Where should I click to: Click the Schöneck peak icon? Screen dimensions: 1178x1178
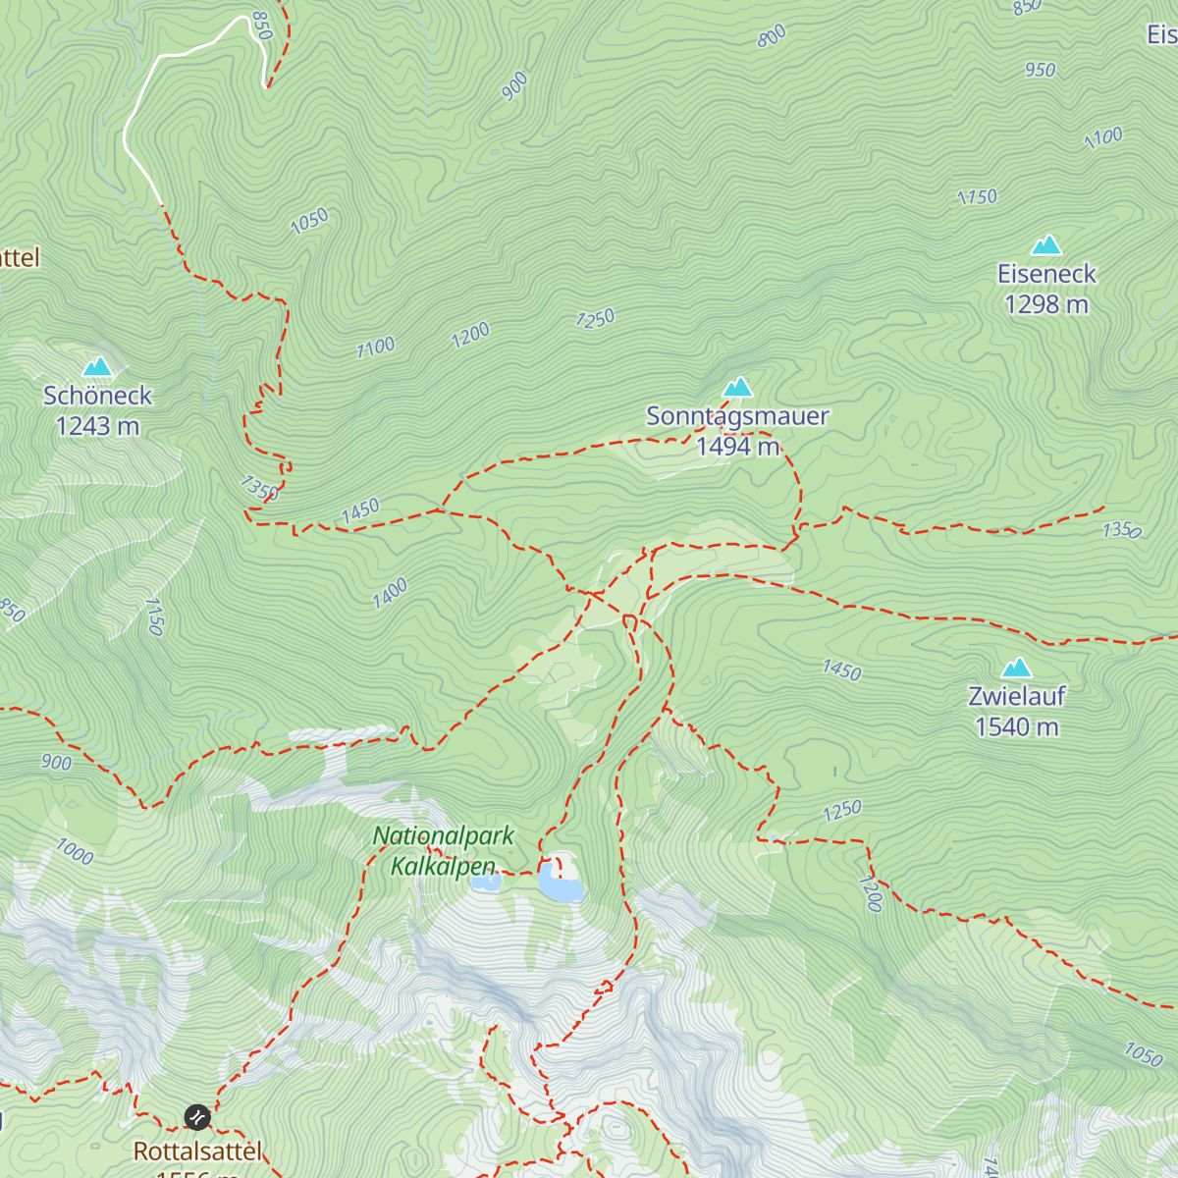coord(97,367)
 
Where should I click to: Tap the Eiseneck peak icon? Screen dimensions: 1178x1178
coord(1046,244)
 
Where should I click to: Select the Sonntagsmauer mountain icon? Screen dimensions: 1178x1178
coord(737,387)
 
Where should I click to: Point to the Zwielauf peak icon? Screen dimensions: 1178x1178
coord(1016,669)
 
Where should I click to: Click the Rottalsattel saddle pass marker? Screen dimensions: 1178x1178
coord(197,1117)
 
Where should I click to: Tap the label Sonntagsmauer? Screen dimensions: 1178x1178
coord(737,416)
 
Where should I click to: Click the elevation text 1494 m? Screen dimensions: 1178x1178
coord(737,448)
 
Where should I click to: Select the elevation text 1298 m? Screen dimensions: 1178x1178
coord(1046,305)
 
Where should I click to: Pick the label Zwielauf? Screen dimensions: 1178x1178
coord(1016,696)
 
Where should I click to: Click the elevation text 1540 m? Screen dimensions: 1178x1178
coord(1016,727)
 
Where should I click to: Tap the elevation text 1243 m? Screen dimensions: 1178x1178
coord(97,427)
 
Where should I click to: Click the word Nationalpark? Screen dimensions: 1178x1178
coord(444,836)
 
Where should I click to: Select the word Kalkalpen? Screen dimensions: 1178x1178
coord(444,866)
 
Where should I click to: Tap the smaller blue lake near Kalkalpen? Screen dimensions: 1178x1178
coord(486,882)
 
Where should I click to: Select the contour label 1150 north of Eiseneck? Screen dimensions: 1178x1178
coord(977,197)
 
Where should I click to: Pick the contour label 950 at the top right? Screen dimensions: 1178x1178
coord(1040,70)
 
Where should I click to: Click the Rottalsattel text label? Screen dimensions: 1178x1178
coord(197,1151)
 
